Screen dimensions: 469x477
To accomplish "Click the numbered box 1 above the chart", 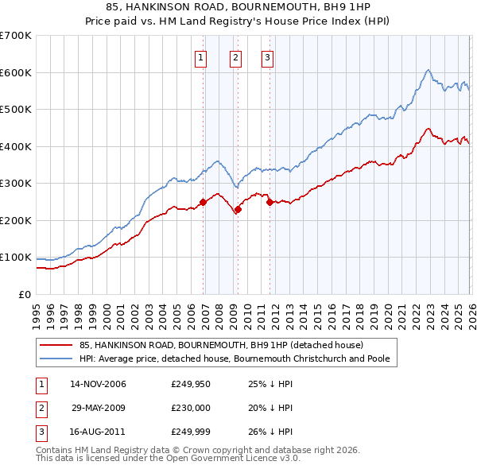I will click(200, 56).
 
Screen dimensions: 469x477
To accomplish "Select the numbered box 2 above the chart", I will click(236, 56).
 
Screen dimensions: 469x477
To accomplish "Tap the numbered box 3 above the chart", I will click(267, 56).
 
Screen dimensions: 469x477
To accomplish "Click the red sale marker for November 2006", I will click(203, 202).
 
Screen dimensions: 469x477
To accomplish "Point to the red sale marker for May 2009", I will click(238, 210).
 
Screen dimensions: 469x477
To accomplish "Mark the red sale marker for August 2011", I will click(270, 202).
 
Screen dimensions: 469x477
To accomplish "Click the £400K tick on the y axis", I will click(16, 146).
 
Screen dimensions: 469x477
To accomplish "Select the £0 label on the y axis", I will click(25, 294).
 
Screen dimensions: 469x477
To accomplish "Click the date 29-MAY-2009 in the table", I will click(99, 407).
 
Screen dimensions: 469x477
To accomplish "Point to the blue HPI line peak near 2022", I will click(428, 70).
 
